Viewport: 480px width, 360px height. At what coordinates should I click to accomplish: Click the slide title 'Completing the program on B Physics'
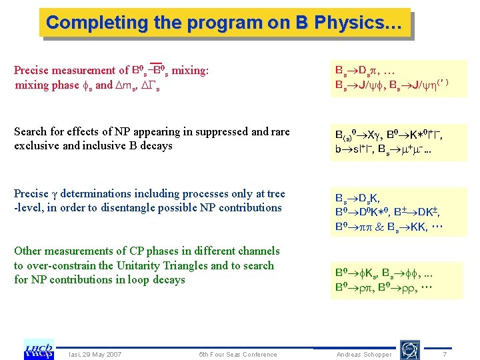(224, 23)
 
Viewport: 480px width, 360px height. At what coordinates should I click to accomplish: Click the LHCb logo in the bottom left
(39, 349)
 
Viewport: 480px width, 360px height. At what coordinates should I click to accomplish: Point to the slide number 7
(445, 354)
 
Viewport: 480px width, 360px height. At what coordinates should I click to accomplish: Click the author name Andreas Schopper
(364, 354)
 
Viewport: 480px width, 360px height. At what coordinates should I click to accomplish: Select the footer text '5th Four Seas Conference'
(238, 354)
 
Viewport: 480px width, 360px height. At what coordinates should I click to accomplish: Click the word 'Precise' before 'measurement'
(31, 70)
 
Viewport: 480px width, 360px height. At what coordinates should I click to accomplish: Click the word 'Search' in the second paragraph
(31, 131)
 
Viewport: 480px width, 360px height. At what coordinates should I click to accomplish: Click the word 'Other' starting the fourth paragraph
(27, 251)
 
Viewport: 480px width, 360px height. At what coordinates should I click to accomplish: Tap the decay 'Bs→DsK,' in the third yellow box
(361, 198)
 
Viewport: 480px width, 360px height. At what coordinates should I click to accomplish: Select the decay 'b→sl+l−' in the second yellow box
(357, 151)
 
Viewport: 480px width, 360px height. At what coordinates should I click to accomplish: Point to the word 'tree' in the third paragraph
(275, 193)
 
